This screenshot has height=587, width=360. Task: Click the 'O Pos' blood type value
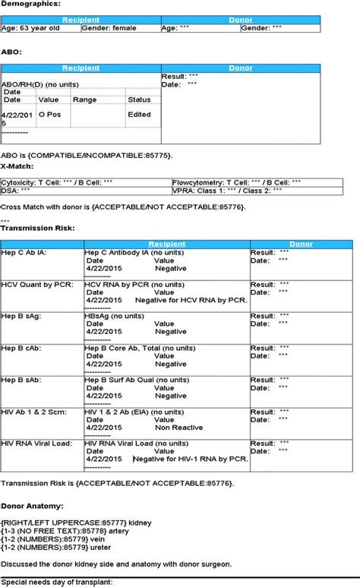click(x=49, y=115)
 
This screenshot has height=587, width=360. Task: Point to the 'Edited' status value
click(x=139, y=115)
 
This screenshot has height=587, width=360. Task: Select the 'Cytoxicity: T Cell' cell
click(x=57, y=182)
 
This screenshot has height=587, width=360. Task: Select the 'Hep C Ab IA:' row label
click(x=24, y=252)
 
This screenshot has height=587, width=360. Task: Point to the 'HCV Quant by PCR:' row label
click(x=35, y=284)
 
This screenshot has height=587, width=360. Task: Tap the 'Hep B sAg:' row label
click(x=22, y=316)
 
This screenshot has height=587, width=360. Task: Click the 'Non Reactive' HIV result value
click(x=178, y=428)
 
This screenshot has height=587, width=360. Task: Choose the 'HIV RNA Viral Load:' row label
click(x=37, y=443)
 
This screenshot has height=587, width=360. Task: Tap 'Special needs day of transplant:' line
click(x=57, y=581)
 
